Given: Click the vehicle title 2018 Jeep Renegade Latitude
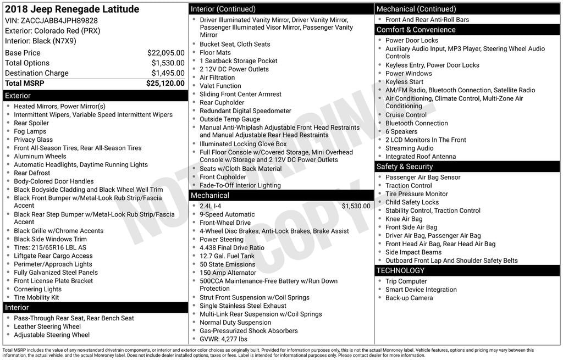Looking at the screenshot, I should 72,9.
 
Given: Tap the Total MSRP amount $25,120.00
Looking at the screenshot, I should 165,84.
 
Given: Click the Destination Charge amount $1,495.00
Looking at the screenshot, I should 168,73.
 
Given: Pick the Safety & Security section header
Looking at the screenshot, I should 405,167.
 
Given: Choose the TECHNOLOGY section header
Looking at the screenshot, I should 400,270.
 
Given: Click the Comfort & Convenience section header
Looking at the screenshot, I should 416,30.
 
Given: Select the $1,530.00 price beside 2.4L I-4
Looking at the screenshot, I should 356,206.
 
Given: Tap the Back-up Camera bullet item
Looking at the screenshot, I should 409,298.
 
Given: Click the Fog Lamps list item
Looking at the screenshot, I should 30,131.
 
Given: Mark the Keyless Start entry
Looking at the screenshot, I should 404,82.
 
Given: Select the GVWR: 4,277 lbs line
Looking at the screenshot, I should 223,339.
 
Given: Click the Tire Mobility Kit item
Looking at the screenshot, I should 36,297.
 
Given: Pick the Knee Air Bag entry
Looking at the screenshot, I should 404,219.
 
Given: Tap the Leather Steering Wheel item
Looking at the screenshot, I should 47,326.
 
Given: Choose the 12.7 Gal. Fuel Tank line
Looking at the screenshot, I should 227,256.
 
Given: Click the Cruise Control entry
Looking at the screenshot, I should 406,115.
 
